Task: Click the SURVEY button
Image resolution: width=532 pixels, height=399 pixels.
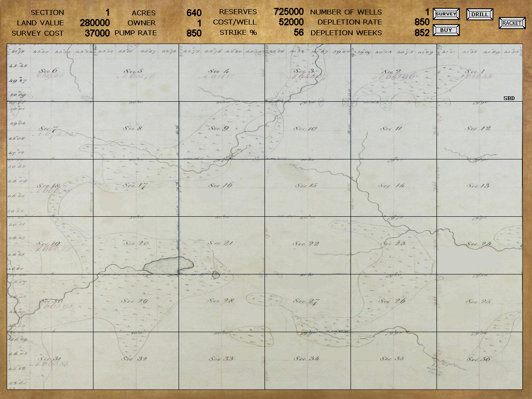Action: click(x=446, y=14)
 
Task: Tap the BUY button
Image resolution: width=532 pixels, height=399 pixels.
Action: click(x=446, y=30)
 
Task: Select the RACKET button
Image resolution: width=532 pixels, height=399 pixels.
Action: click(x=512, y=23)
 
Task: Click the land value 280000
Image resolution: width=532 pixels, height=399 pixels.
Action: click(x=95, y=23)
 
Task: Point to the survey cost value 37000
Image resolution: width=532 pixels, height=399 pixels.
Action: click(x=97, y=33)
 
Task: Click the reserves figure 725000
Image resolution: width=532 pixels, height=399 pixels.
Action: click(x=289, y=12)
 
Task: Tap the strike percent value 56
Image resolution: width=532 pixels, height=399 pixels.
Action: click(x=299, y=32)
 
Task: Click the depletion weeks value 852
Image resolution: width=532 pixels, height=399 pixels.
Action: click(x=422, y=33)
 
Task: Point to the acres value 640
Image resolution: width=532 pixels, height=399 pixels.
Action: click(x=194, y=13)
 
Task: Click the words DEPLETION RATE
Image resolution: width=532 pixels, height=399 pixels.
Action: click(x=350, y=22)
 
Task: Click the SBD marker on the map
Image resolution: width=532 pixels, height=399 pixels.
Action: click(x=509, y=98)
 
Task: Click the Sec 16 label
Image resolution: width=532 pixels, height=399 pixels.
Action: click(x=221, y=185)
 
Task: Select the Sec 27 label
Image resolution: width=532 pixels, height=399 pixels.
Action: click(x=306, y=301)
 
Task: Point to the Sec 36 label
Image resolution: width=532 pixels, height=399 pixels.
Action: click(x=479, y=359)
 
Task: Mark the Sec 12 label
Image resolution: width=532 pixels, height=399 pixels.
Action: click(x=478, y=128)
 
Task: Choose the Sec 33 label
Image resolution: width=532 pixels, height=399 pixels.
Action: click(x=221, y=358)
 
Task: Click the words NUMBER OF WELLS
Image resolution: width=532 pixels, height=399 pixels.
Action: click(x=346, y=12)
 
